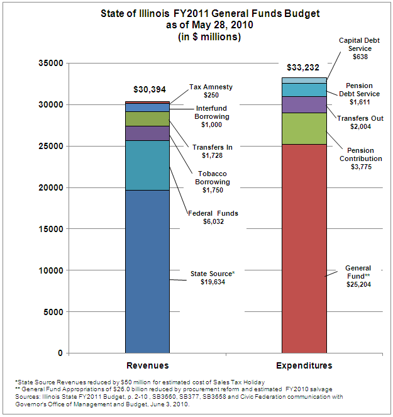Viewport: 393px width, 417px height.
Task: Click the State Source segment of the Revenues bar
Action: [x=147, y=272]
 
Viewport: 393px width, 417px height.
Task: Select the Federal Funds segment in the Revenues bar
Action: [x=147, y=165]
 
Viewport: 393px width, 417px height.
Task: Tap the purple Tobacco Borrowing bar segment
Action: [x=147, y=133]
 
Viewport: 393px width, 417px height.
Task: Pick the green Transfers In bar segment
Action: [x=147, y=119]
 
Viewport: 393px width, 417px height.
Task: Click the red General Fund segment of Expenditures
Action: [x=304, y=248]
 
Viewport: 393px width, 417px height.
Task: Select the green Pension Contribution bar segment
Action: [x=304, y=129]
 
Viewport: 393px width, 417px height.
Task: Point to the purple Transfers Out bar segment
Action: [x=304, y=104]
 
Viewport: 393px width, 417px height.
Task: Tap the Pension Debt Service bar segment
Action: [x=304, y=90]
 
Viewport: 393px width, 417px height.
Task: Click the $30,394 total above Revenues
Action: [x=150, y=89]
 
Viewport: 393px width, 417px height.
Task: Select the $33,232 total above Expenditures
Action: [x=303, y=67]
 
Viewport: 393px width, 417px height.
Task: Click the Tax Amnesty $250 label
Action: [x=211, y=91]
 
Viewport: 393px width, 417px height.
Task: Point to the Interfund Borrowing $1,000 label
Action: [x=212, y=116]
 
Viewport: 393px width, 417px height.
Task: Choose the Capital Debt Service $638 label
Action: [x=360, y=48]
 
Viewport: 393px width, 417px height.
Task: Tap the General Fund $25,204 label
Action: [x=358, y=276]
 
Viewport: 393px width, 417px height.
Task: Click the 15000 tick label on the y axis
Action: [x=51, y=229]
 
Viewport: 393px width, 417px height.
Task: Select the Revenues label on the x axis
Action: [x=148, y=365]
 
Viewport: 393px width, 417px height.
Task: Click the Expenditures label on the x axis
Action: [x=304, y=365]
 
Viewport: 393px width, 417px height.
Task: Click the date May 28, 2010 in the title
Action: [x=223, y=25]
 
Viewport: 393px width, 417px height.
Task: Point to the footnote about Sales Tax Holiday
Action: [x=140, y=382]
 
